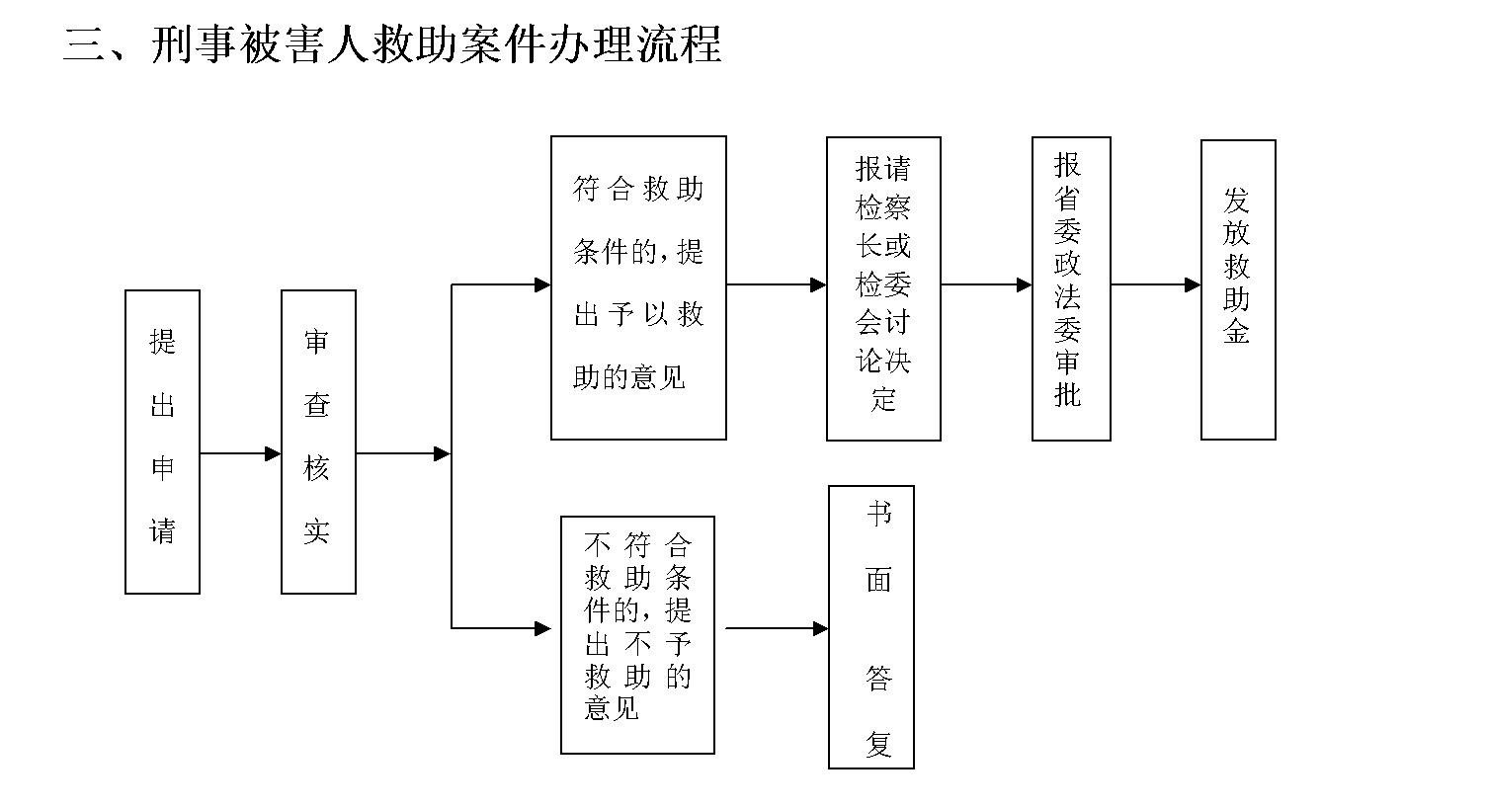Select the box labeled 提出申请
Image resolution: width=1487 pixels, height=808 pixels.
click(x=162, y=442)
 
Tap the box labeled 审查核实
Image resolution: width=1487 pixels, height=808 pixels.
click(x=318, y=442)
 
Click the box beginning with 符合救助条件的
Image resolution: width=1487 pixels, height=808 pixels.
click(x=638, y=287)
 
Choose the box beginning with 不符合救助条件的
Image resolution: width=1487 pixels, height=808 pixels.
click(x=637, y=634)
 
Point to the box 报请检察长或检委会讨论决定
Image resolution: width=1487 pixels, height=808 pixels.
click(x=883, y=288)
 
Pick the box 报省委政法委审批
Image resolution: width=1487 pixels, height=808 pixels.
click(x=1071, y=288)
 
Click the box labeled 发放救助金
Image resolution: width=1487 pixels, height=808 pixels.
click(x=1238, y=288)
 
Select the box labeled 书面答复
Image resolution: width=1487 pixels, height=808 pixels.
click(x=871, y=626)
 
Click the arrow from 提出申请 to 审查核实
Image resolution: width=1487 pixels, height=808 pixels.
click(x=240, y=454)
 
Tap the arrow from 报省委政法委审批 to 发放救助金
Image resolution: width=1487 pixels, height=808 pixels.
click(x=1155, y=285)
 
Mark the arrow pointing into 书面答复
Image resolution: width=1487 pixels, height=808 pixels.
click(x=777, y=628)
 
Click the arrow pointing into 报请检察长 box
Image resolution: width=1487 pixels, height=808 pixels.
click(x=777, y=285)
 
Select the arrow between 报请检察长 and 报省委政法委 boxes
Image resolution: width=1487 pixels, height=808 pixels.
click(x=986, y=285)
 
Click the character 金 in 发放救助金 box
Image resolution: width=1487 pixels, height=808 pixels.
click(x=1237, y=331)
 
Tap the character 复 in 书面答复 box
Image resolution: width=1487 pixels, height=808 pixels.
click(x=878, y=743)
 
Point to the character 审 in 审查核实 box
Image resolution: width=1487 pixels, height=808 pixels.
click(x=317, y=342)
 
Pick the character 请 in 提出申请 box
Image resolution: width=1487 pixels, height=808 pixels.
click(x=162, y=531)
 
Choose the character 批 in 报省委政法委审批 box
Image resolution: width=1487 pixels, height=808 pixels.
click(x=1068, y=394)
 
